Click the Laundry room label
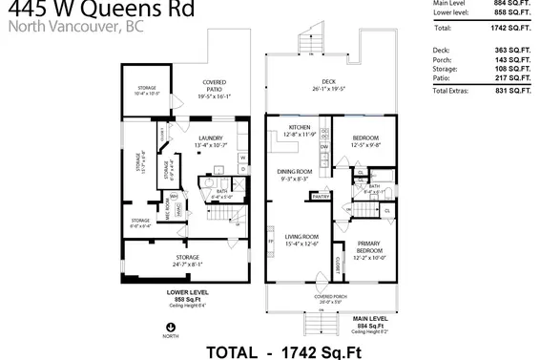coord(211,139)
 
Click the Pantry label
coord(318,196)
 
